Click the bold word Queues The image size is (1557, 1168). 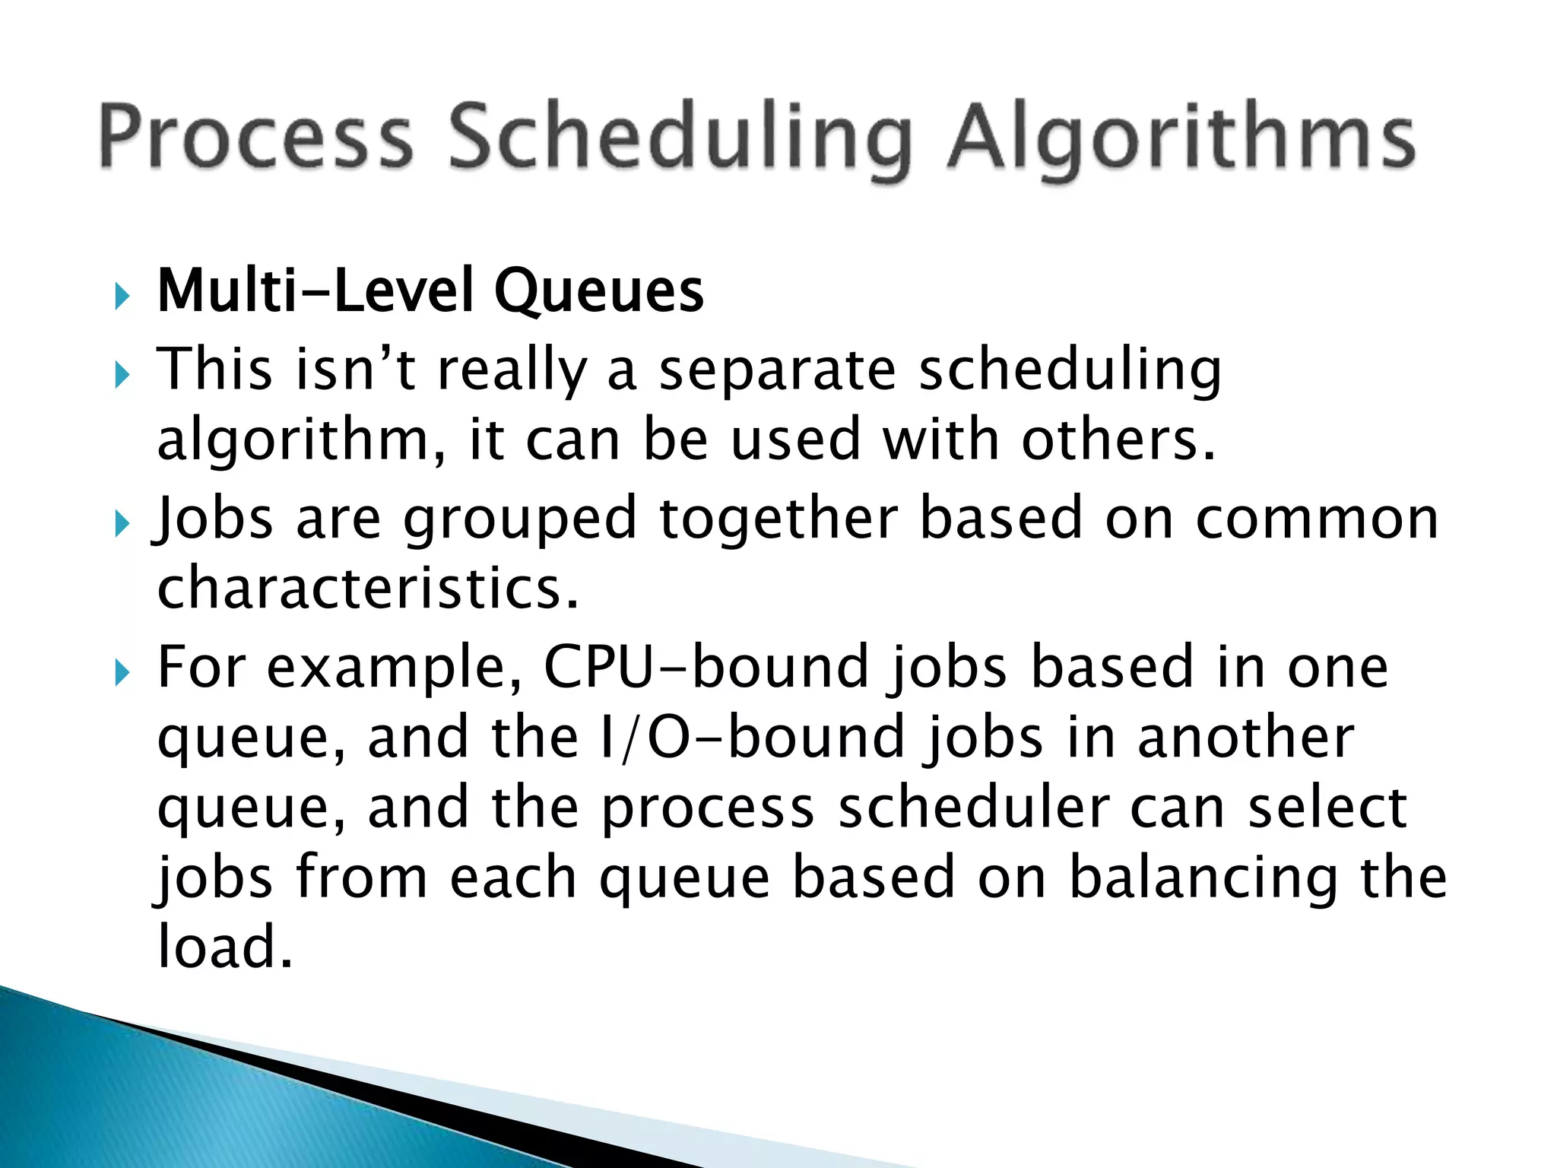click(x=598, y=292)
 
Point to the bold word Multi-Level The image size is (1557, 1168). click(x=314, y=292)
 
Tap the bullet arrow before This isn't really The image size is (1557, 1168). click(x=122, y=374)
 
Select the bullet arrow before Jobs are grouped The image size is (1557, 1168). click(x=122, y=523)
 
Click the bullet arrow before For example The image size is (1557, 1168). click(x=122, y=672)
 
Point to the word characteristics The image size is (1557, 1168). click(x=368, y=589)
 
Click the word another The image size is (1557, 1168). click(x=1245, y=738)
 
